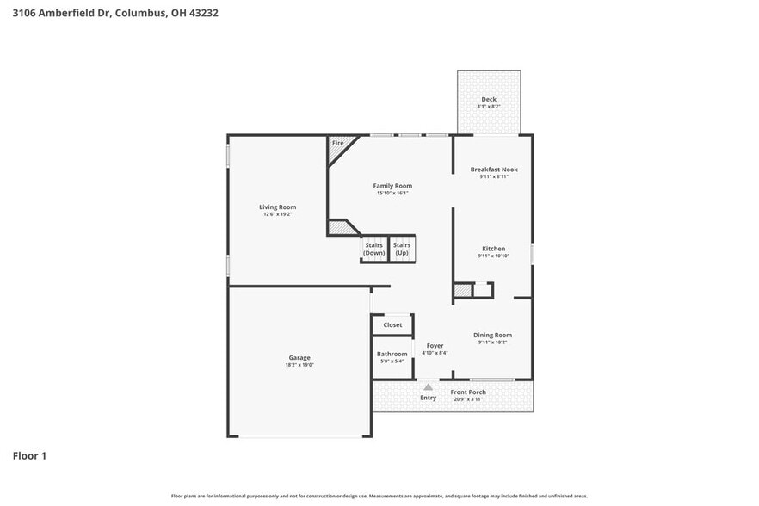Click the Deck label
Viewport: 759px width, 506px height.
488,100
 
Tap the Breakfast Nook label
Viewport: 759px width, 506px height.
494,170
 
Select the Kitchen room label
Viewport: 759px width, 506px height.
493,249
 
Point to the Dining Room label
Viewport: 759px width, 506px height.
493,335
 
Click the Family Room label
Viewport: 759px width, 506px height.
392,186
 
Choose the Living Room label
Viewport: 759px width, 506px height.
278,207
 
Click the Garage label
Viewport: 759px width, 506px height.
299,357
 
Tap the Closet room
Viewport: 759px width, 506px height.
392,325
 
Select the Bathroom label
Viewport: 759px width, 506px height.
392,354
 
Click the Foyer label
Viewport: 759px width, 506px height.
435,346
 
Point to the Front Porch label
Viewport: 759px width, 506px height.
468,392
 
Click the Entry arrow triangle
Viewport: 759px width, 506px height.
428,387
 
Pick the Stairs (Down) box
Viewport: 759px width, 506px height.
374,249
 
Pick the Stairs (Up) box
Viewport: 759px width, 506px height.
402,249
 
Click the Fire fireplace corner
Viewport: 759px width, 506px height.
338,144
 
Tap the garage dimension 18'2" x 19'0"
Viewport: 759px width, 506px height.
299,365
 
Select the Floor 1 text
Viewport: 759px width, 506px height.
29,455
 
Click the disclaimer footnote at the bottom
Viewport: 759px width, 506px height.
379,496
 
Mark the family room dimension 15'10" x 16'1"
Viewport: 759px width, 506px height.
392,194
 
